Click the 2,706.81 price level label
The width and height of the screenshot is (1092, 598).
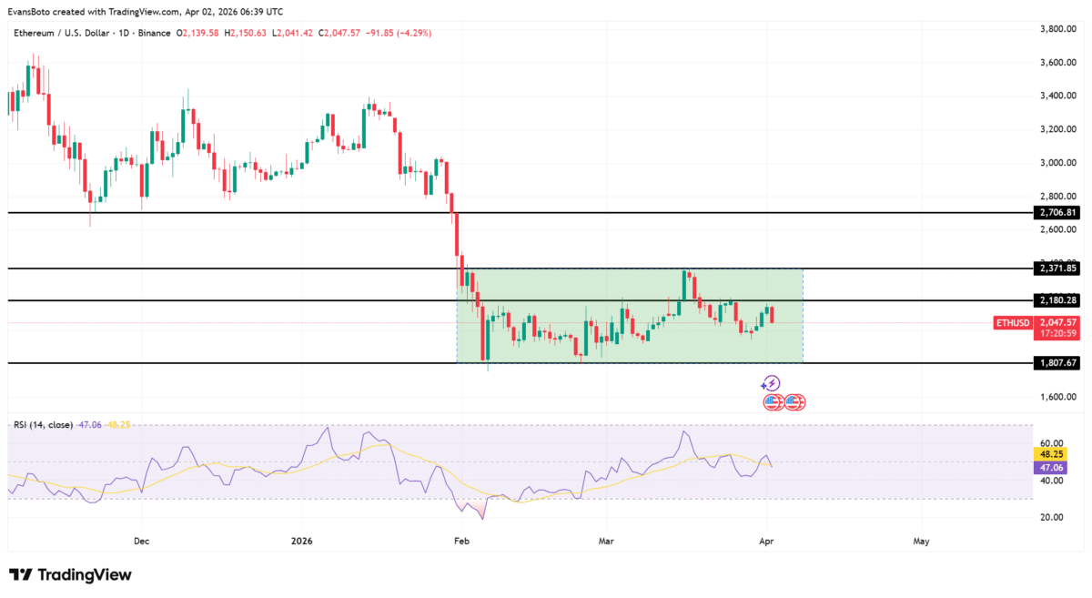point(1057,212)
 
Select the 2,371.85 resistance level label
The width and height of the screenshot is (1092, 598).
point(1057,269)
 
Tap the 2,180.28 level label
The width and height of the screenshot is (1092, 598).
point(1057,300)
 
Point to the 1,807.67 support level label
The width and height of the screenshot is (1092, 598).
point(1057,362)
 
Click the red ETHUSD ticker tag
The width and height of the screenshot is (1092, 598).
point(1013,322)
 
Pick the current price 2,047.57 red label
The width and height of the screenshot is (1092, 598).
point(1057,322)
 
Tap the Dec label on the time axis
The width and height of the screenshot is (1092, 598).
point(141,541)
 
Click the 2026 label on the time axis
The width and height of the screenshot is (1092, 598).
point(301,541)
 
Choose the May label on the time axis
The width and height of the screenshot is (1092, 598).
point(921,541)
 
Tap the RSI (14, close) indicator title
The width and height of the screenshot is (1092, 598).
point(44,424)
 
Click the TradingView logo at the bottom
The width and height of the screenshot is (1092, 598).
point(70,575)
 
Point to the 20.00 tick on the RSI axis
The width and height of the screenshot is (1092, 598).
point(1052,517)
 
